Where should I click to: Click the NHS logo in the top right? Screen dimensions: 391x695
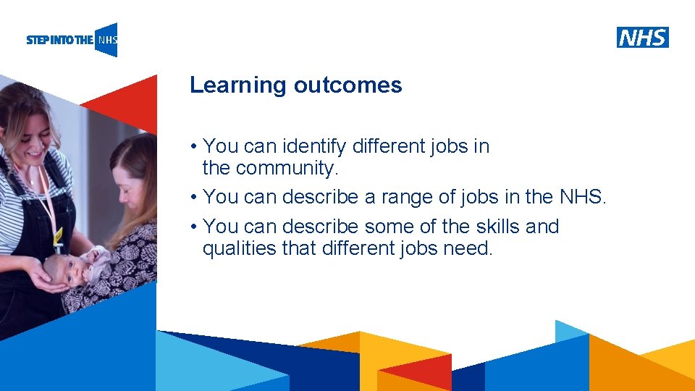click(x=643, y=37)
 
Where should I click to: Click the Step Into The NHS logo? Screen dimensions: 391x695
click(x=72, y=40)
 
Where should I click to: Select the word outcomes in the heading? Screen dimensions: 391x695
click(x=347, y=85)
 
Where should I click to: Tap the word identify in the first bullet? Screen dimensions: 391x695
click(x=311, y=146)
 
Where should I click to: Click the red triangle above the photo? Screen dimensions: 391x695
click(x=127, y=101)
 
